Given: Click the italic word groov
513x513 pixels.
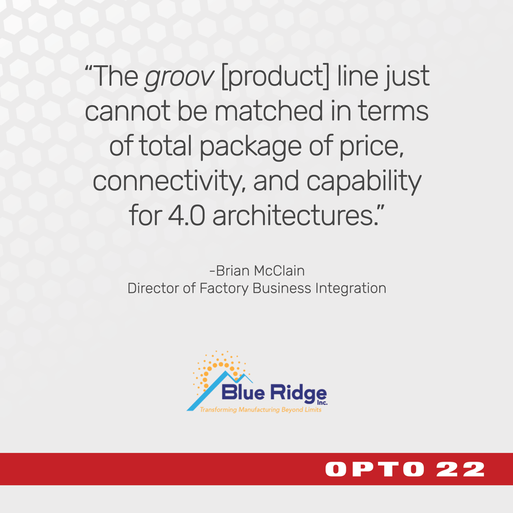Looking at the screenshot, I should [179, 78].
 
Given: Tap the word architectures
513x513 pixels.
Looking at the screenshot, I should [298, 214].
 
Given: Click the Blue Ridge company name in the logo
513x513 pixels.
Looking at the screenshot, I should [274, 393].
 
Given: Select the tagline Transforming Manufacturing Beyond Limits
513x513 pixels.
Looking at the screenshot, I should [260, 410].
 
